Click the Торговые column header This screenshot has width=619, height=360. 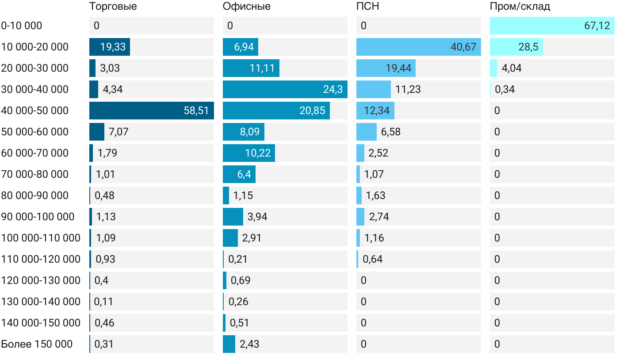pyautogui.click(x=113, y=7)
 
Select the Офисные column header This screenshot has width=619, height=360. pyautogui.click(x=247, y=7)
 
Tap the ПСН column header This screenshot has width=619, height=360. pyautogui.click(x=368, y=7)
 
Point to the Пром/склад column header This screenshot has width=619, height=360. pyautogui.click(x=520, y=7)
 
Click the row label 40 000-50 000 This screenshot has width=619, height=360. pyautogui.click(x=35, y=111)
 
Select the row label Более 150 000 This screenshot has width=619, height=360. pyautogui.click(x=37, y=344)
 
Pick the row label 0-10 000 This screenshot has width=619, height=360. pyautogui.click(x=22, y=26)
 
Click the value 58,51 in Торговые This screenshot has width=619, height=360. pyautogui.click(x=196, y=111)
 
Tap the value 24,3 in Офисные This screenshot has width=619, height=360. pyautogui.click(x=332, y=89)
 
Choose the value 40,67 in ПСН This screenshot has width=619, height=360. pyautogui.click(x=463, y=47)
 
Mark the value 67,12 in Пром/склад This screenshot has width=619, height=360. pyautogui.click(x=597, y=26)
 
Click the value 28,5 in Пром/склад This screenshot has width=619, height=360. pyautogui.click(x=528, y=47)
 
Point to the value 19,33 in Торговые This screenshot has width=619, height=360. pyautogui.click(x=113, y=47)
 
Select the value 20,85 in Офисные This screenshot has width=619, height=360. pyautogui.click(x=312, y=111)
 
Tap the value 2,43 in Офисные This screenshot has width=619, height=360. pyautogui.click(x=249, y=344)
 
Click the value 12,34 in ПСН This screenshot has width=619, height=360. pyautogui.click(x=377, y=111)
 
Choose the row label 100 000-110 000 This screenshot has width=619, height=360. pyautogui.click(x=41, y=238)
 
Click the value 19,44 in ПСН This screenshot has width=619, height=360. pyautogui.click(x=398, y=68)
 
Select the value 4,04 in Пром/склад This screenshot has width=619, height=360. pyautogui.click(x=512, y=68)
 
